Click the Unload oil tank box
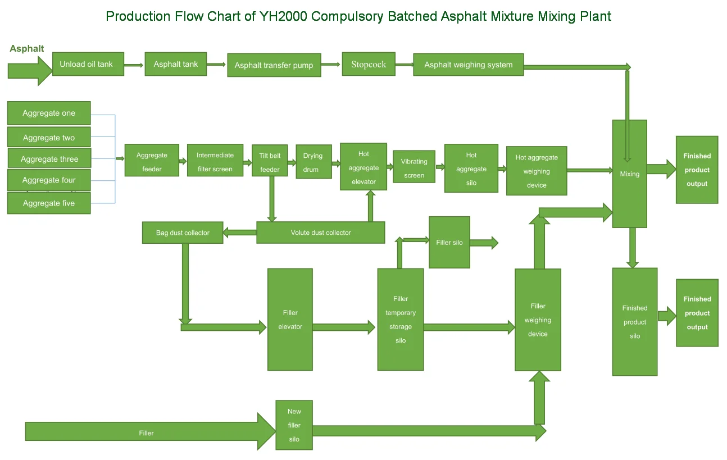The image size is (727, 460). click(x=88, y=64)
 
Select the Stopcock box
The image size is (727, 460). click(x=369, y=64)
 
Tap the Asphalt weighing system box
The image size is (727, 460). click(x=468, y=65)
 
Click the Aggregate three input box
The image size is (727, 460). click(x=49, y=158)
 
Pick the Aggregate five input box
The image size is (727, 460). click(x=49, y=203)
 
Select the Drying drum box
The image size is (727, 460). click(x=313, y=162)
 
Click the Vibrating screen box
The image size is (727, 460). click(x=414, y=168)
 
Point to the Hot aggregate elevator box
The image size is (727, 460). click(x=363, y=167)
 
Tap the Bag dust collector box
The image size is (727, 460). click(x=183, y=233)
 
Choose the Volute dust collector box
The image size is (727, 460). click(x=320, y=233)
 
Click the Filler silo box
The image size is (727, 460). click(x=449, y=243)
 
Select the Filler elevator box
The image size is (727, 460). click(x=290, y=319)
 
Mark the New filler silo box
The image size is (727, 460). click(x=294, y=425)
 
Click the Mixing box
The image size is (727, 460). click(x=629, y=174)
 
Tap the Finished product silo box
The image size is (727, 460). click(x=634, y=321)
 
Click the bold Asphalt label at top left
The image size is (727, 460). click(x=27, y=49)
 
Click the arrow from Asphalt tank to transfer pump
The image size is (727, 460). click(x=216, y=65)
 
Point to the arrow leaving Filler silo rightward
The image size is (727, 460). click(x=484, y=243)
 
